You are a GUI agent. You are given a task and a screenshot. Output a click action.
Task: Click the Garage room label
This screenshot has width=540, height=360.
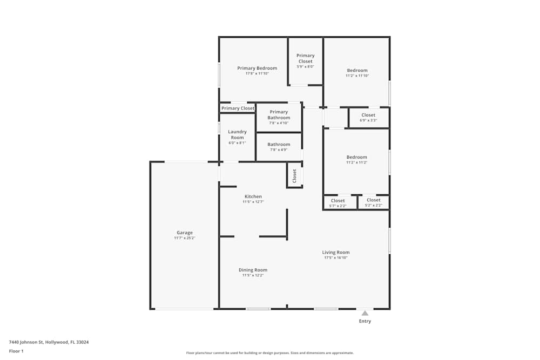tap(184, 233)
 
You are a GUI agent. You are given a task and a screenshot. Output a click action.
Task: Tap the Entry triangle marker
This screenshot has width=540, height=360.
tap(365, 313)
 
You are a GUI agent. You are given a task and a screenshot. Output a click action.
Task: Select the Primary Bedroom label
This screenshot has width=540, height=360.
tap(257, 68)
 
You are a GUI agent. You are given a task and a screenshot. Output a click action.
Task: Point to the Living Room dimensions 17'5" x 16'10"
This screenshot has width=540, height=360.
tap(336, 258)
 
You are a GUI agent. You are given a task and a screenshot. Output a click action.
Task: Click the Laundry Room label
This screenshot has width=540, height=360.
tap(237, 134)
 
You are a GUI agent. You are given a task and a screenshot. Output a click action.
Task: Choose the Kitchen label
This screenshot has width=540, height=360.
tap(253, 196)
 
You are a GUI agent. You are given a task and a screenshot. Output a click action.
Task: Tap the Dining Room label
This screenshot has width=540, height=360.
tap(253, 270)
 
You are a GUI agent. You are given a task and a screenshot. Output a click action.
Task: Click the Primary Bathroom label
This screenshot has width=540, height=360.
tap(279, 115)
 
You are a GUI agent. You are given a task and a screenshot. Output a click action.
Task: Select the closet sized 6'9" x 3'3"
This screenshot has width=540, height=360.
tap(368, 118)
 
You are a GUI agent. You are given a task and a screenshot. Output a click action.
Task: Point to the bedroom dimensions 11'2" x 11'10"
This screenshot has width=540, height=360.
tap(357, 76)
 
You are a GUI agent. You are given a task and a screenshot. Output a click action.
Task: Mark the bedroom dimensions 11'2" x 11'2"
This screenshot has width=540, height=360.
tap(357, 162)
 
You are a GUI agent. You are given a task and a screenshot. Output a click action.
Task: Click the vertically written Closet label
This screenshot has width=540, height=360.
tap(294, 175)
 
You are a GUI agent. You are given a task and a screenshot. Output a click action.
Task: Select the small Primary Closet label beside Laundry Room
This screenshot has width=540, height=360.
tap(238, 108)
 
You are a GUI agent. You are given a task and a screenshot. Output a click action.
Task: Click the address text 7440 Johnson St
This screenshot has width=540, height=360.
tap(49, 342)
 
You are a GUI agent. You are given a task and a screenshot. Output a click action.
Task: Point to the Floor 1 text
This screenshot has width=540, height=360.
tap(16, 351)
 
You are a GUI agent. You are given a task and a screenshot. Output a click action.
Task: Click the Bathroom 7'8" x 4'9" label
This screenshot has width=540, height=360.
tap(279, 145)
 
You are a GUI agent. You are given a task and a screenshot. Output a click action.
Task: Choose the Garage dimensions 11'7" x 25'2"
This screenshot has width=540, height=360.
tap(184, 238)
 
